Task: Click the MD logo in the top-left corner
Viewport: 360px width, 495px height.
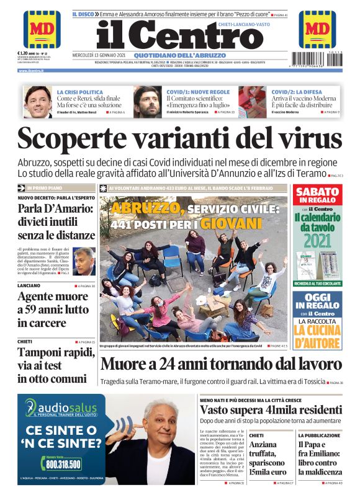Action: tap(42, 29)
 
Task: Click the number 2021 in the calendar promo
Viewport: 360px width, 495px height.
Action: tap(317, 240)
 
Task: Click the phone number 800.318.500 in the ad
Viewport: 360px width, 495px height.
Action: tap(63, 463)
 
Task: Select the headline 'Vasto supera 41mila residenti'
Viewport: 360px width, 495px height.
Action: tap(270, 410)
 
